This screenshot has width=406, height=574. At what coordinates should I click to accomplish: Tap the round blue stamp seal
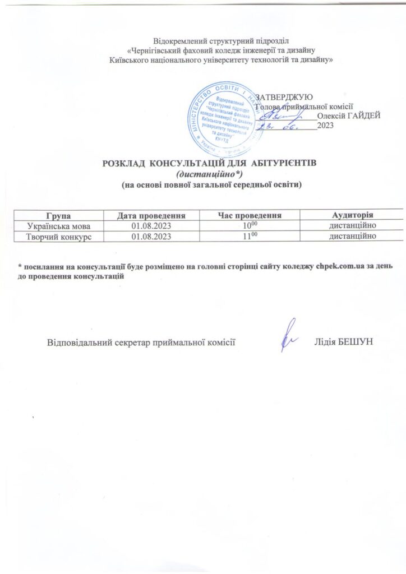pos(224,120)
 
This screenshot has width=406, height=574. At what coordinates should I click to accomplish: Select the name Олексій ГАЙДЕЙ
pos(349,116)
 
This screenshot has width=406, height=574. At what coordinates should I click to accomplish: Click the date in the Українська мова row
pos(151,225)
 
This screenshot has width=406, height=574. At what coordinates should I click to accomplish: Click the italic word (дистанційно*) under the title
pos(211,174)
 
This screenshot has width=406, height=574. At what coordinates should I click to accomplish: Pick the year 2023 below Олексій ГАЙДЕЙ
pos(325,126)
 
